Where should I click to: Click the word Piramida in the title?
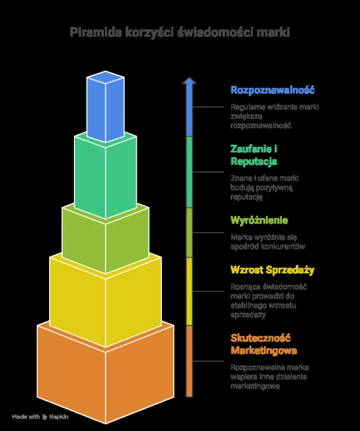[x=93, y=32]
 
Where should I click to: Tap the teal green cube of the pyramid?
[x=105, y=177]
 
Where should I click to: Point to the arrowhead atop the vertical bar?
[x=190, y=82]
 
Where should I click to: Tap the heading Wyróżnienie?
[x=259, y=221]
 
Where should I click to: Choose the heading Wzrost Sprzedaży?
[x=272, y=270]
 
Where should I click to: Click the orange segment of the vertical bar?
[x=190, y=360]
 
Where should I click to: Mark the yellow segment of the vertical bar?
[x=190, y=291]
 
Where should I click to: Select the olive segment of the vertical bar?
[x=190, y=232]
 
